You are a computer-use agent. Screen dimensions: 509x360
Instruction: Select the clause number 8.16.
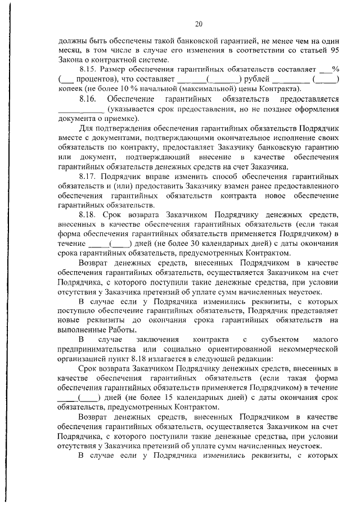point(90,98)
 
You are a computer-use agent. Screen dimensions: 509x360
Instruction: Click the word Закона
point(72,60)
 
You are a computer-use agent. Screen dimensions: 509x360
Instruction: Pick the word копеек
point(71,89)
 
